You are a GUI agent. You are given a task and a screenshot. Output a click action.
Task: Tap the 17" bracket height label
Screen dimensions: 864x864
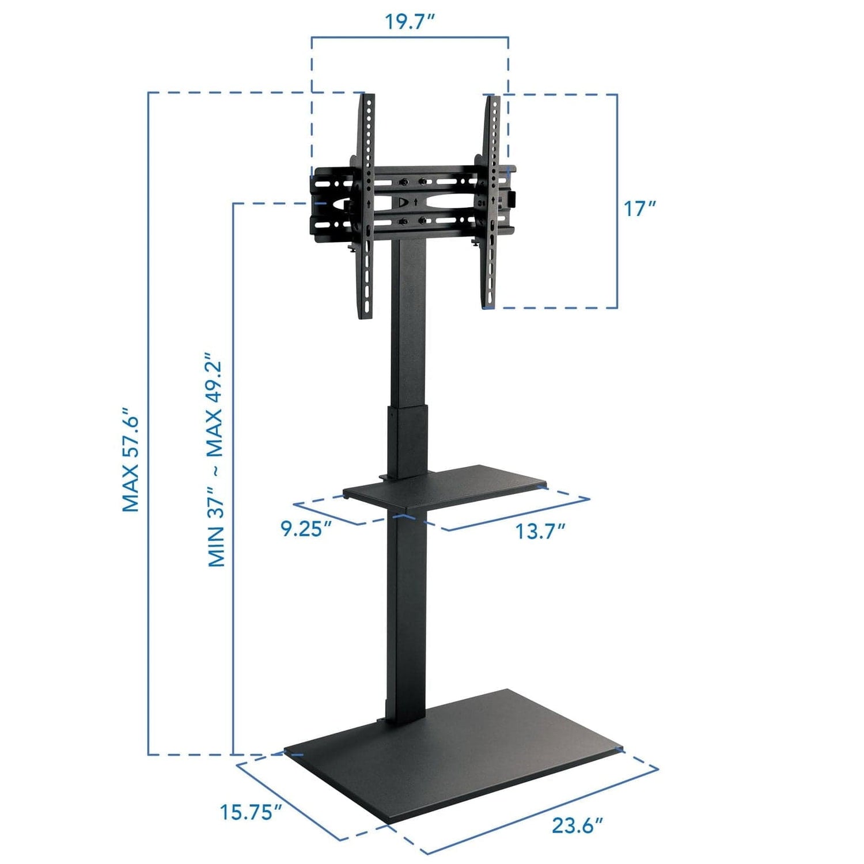coord(640,209)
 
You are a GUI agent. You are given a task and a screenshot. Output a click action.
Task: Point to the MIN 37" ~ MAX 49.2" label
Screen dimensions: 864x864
coord(215,460)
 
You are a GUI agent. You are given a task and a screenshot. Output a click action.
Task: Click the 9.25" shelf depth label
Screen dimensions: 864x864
coord(306,529)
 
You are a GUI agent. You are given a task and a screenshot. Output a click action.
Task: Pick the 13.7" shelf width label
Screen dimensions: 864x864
coord(540,531)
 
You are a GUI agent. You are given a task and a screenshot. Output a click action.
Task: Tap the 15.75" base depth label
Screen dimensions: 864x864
coord(250,812)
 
